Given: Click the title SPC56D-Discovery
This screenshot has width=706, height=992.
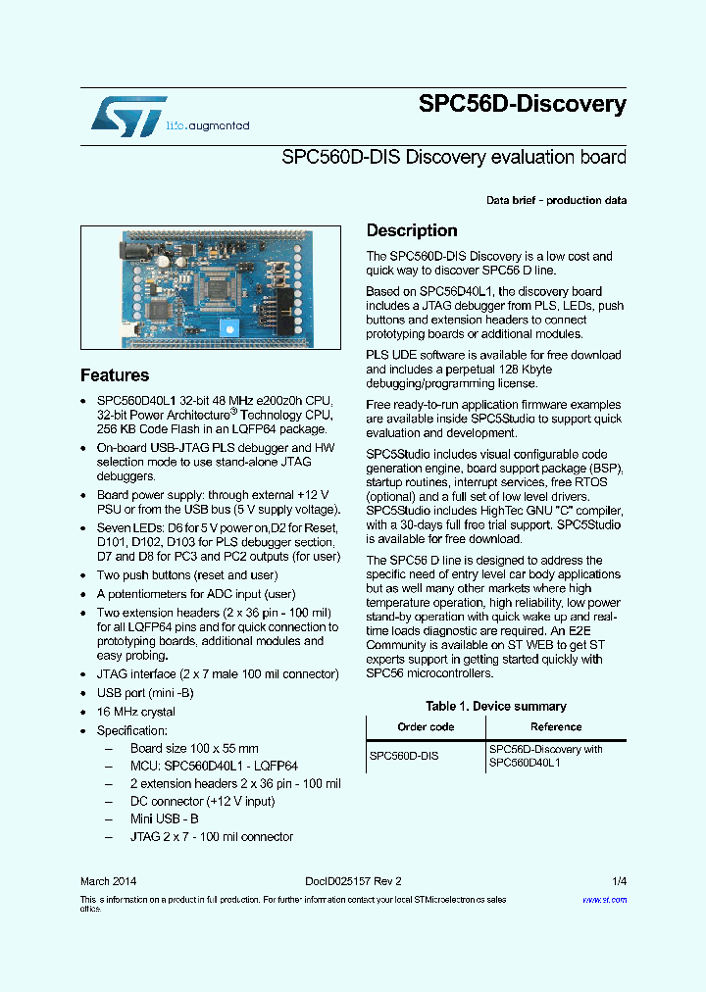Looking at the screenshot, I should click(522, 104).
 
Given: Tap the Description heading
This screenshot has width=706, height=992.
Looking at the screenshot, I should click(412, 231).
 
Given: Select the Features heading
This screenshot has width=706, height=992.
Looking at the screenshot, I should click(115, 375).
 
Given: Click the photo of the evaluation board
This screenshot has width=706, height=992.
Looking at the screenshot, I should click(211, 288).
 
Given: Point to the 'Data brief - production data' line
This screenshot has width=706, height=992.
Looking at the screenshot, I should click(556, 201).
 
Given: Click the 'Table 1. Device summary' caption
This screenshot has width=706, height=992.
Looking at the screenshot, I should click(496, 707).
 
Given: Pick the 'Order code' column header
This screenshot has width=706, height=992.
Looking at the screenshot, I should click(426, 727).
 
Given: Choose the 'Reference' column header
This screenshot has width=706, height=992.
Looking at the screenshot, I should click(556, 727).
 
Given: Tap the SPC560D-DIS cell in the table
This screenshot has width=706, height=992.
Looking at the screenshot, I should click(404, 757).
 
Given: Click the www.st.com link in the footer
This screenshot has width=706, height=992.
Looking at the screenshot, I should click(604, 900).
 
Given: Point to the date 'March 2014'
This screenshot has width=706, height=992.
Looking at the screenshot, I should click(108, 881).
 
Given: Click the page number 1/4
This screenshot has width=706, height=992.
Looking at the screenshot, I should click(619, 881).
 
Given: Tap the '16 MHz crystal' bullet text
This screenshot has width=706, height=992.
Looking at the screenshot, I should click(136, 712).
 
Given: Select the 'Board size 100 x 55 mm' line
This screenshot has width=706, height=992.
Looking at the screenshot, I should click(194, 749).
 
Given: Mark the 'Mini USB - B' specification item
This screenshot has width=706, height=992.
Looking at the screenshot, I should click(165, 819).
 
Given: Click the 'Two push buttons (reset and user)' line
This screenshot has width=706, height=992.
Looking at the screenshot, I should click(187, 575).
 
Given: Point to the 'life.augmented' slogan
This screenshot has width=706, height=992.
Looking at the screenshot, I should click(207, 126).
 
